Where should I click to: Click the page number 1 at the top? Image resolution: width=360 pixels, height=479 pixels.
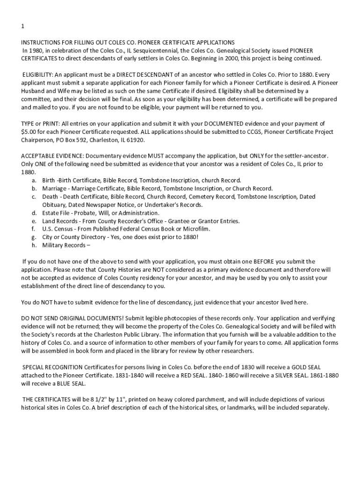tap(22, 26)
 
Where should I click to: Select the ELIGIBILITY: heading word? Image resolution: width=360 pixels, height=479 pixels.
tap(38, 75)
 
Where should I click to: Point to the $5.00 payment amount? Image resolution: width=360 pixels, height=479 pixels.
tap(29, 132)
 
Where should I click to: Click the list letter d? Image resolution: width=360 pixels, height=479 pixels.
tap(34, 213)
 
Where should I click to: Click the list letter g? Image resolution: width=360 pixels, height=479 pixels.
tap(34, 237)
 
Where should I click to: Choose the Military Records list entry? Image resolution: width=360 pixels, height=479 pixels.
tap(65, 245)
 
